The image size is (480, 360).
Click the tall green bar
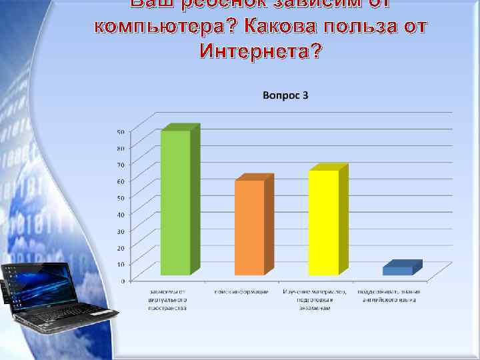point(176,203)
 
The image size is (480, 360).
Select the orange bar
point(249,227)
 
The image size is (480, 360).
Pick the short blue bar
point(397,271)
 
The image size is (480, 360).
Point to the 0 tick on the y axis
point(122,281)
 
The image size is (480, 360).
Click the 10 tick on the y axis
point(121,264)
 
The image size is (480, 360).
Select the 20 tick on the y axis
point(121,247)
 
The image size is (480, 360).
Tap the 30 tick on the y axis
point(121,231)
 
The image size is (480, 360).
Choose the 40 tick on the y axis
point(121,214)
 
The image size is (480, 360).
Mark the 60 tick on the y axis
point(121,181)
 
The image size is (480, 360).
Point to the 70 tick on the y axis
point(121,164)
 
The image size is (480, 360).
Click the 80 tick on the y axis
point(121,147)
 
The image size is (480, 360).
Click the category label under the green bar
point(168,300)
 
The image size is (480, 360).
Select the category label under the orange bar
point(241,293)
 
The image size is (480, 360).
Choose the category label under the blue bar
point(387,296)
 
